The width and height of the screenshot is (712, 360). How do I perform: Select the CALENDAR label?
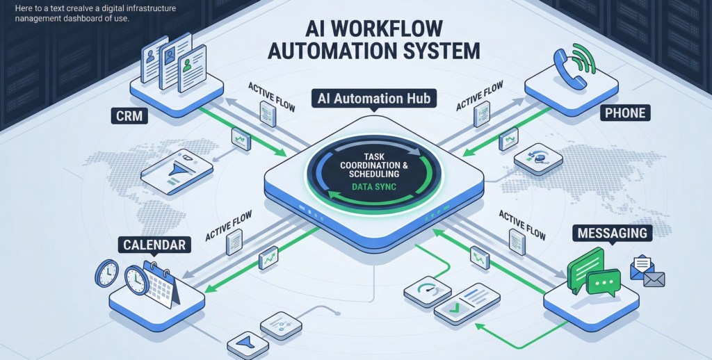tap(154, 245)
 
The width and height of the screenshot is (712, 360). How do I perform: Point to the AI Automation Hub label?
tap(374, 99)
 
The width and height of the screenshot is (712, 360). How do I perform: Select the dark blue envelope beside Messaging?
tap(654, 279)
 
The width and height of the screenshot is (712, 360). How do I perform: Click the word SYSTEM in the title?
tap(444, 51)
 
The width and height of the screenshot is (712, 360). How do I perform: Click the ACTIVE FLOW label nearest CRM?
tap(268, 92)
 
